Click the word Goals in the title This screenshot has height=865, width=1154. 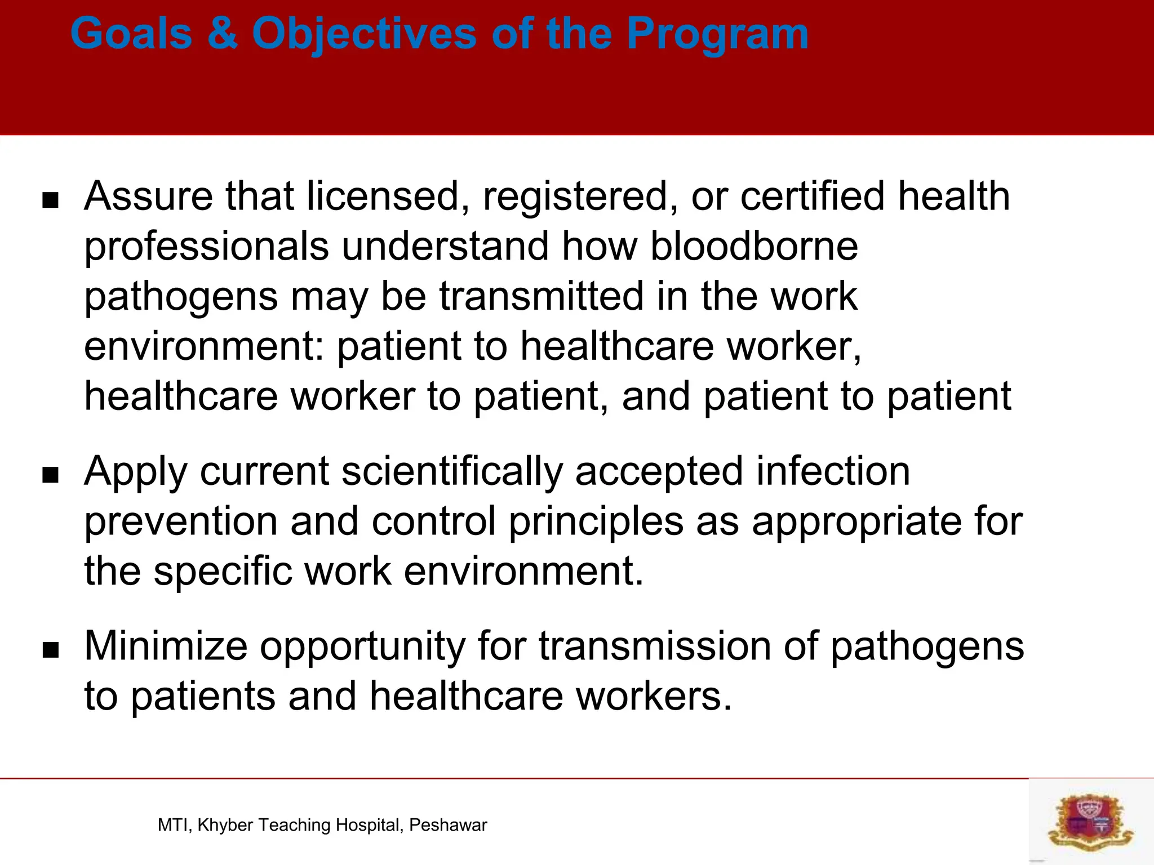tap(131, 34)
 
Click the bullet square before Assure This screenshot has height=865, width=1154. tap(51, 200)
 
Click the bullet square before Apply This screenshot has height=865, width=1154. tap(51, 475)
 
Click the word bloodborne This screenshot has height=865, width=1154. tap(754, 246)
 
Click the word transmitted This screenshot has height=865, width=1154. tap(542, 296)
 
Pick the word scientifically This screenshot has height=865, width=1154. tap(452, 472)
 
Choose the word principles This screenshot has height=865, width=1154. tap(596, 522)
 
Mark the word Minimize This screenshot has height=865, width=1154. tap(166, 646)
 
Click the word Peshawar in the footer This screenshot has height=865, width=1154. tap(448, 825)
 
